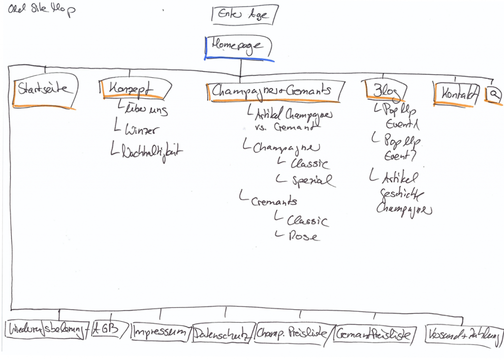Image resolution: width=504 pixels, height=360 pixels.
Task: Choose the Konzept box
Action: (x=134, y=90)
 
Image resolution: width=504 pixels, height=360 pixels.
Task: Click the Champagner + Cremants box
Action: (x=273, y=91)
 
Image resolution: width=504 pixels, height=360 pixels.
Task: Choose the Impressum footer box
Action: (x=160, y=332)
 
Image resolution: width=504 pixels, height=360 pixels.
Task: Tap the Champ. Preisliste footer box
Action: (x=292, y=333)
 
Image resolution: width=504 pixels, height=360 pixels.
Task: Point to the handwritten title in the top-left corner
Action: (x=41, y=10)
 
